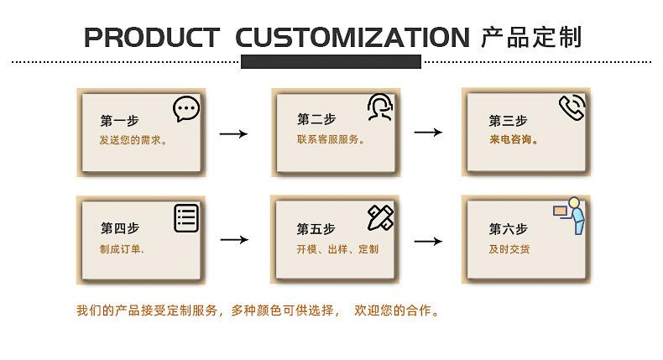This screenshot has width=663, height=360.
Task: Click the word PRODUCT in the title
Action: pyautogui.click(x=151, y=38)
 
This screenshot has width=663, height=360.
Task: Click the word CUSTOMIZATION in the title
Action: pyautogui.click(x=352, y=38)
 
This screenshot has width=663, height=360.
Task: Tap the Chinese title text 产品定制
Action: pyautogui.click(x=531, y=38)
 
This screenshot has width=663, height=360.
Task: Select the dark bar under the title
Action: pyautogui.click(x=331, y=61)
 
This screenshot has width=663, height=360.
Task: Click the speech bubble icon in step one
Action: pyautogui.click(x=186, y=109)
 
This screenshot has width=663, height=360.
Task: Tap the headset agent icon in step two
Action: pyautogui.click(x=379, y=107)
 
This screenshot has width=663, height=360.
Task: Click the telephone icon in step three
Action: pyautogui.click(x=572, y=107)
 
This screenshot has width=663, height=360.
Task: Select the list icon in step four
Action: pyautogui.click(x=186, y=218)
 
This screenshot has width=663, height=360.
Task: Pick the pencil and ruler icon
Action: pyautogui.click(x=380, y=217)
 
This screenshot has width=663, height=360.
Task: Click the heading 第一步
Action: pyautogui.click(x=120, y=120)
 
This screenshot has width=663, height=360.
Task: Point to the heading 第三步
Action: pyautogui.click(x=508, y=120)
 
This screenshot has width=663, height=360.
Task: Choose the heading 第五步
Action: pyautogui.click(x=316, y=228)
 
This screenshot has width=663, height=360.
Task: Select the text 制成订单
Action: pyautogui.click(x=122, y=249)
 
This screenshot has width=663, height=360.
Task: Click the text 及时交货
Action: pyautogui.click(x=509, y=249)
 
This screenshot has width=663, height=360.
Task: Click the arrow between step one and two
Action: pyautogui.click(x=233, y=133)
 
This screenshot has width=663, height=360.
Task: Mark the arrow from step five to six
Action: pyautogui.click(x=428, y=242)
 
